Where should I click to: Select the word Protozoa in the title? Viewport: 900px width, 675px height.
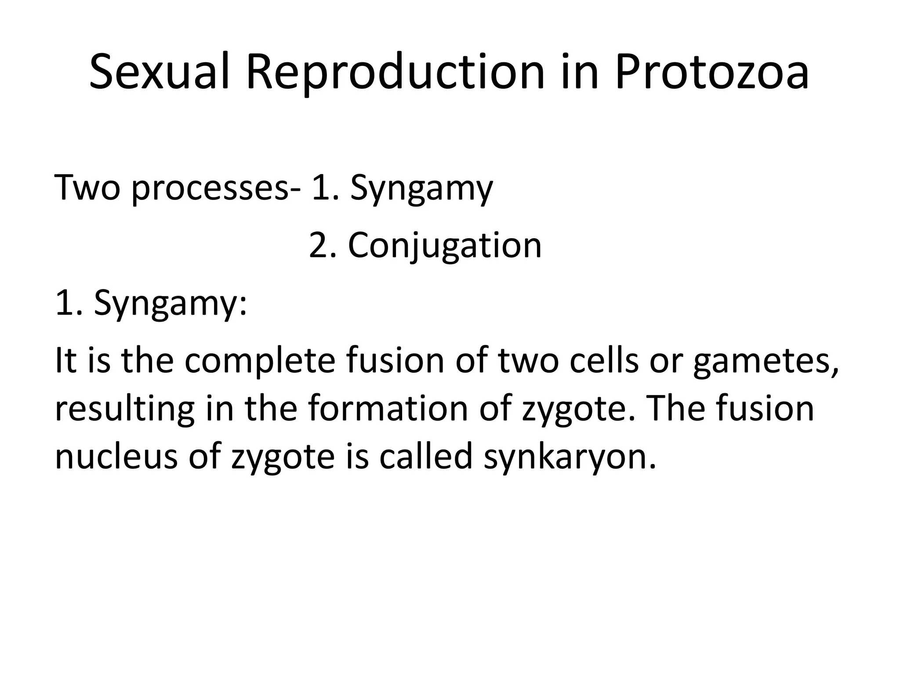(x=711, y=73)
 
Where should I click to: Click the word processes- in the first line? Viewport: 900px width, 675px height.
(x=216, y=189)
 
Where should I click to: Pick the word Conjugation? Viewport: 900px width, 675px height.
(x=444, y=246)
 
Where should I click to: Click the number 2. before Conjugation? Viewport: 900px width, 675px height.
(x=323, y=246)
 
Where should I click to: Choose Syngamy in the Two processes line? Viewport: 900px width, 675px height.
(x=421, y=189)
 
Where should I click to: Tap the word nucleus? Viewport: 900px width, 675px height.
(x=116, y=457)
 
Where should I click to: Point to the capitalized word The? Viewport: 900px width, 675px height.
(x=675, y=409)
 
